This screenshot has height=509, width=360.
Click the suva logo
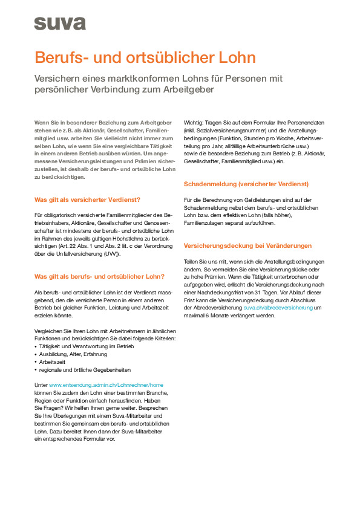[59, 23]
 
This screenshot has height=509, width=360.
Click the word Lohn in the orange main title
[235, 58]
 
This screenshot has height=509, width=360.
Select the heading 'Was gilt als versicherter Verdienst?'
[88, 199]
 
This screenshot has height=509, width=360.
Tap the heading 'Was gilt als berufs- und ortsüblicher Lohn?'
[99, 276]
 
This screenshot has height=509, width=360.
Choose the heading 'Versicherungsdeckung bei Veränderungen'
[247, 245]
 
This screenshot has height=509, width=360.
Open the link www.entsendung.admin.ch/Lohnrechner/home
[106, 384]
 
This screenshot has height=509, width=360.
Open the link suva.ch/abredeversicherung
[278, 307]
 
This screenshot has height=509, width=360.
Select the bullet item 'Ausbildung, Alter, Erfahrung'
[70, 354]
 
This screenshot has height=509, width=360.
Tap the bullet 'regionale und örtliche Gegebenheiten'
[85, 369]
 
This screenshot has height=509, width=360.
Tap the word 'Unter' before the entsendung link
[41, 384]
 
